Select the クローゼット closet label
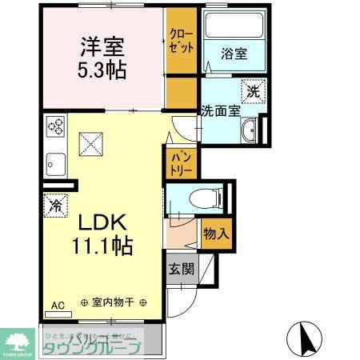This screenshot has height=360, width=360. coord(180,41)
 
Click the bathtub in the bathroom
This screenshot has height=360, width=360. coord(234,31)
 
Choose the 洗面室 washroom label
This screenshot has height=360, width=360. coord(220,111)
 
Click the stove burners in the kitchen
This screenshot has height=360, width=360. coord(55,126)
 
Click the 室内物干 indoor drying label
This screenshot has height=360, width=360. coord(114,303)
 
